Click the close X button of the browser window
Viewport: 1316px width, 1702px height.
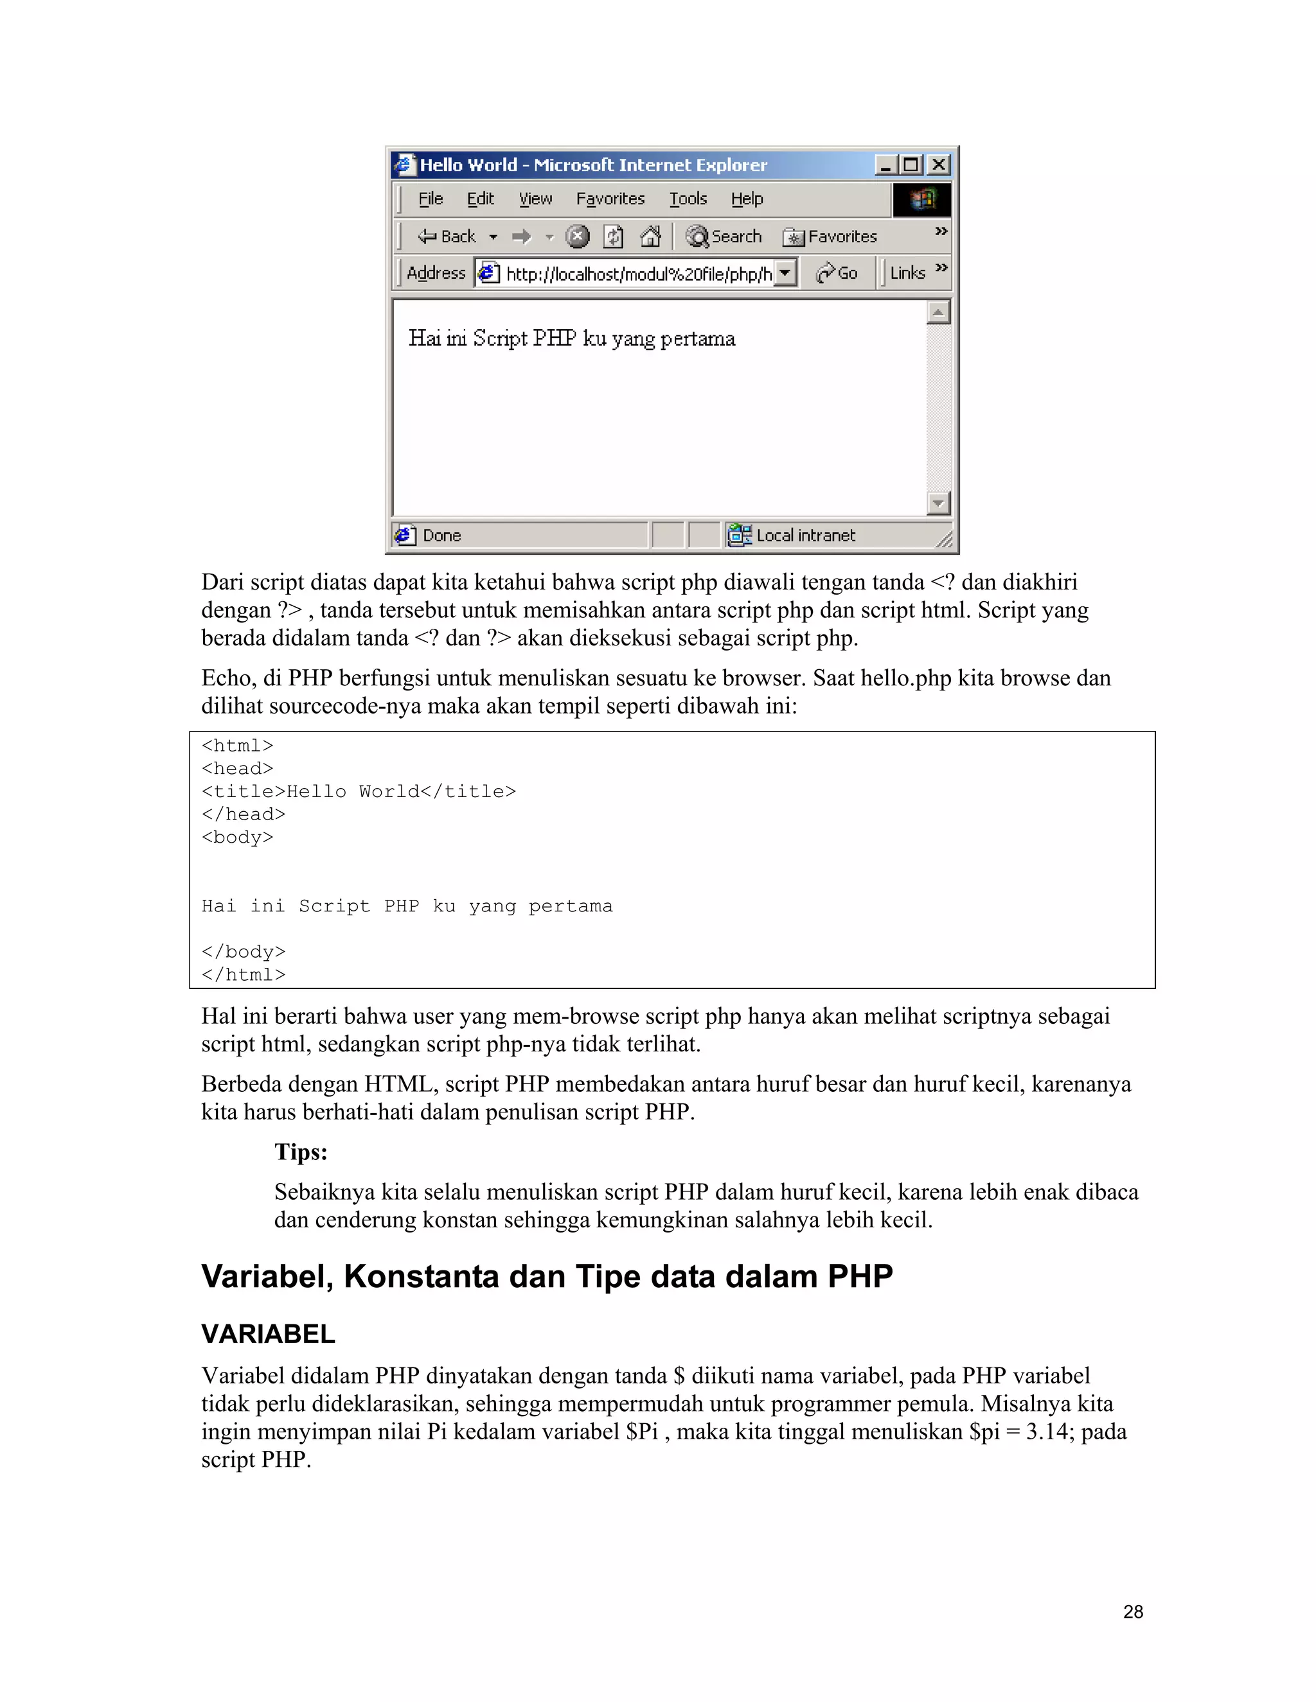tap(939, 164)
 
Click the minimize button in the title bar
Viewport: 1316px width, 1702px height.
tap(885, 164)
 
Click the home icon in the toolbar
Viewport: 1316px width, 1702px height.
tap(650, 236)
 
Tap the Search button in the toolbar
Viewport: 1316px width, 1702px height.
tap(724, 236)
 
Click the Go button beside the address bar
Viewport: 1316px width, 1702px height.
tap(837, 273)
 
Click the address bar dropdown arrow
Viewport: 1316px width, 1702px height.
tap(785, 273)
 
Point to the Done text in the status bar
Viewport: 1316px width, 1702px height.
tap(441, 536)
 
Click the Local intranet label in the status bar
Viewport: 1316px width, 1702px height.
tap(805, 536)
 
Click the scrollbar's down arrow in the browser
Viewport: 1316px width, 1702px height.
tap(938, 504)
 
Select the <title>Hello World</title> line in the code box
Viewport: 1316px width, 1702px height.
tap(359, 792)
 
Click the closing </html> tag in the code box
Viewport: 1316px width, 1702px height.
tap(244, 975)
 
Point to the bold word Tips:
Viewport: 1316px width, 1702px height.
tap(301, 1152)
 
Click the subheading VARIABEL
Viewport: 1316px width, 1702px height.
tap(268, 1334)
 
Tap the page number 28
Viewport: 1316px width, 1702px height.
tap(1133, 1611)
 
